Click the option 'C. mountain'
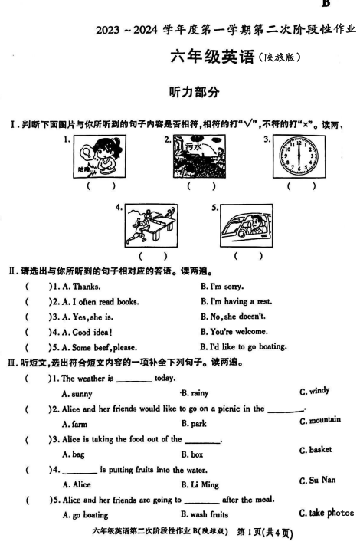tap(320, 420)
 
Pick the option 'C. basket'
tap(316, 450)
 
